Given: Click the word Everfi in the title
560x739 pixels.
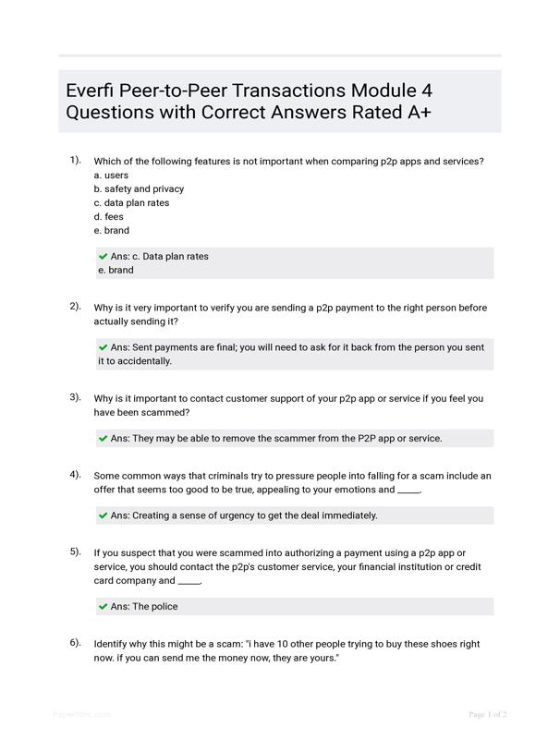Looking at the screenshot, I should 91,91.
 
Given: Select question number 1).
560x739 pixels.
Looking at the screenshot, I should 75,160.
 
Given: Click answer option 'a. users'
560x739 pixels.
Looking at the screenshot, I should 111,175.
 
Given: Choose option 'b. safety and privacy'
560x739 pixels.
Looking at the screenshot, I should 139,188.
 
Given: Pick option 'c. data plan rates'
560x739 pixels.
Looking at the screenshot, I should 131,202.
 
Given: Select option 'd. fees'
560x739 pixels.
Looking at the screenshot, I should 108,216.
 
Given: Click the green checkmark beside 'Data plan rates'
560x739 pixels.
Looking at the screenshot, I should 103,256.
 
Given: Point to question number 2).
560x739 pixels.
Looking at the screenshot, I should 75,306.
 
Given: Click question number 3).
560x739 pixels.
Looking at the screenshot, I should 75,397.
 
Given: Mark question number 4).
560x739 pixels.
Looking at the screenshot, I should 75,474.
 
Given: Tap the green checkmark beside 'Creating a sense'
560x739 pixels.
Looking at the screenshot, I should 103,515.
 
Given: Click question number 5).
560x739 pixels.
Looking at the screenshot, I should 75,551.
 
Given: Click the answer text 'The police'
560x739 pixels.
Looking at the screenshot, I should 155,607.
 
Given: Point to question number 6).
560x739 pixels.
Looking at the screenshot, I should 75,642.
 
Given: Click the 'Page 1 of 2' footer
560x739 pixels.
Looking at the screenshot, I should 487,714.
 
